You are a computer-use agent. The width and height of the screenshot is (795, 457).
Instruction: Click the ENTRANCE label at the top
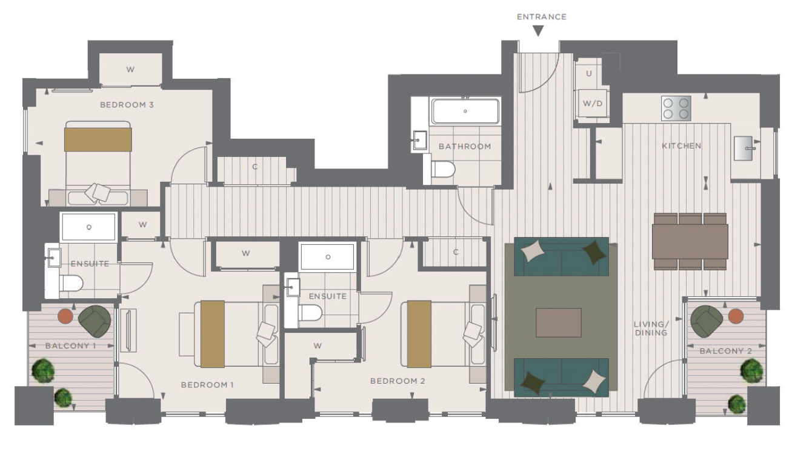click(x=542, y=17)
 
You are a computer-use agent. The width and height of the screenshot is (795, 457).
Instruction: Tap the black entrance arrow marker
click(x=539, y=31)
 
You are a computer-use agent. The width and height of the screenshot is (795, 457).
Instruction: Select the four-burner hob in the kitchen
click(x=676, y=108)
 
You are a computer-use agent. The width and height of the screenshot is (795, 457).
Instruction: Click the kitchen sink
click(x=744, y=148)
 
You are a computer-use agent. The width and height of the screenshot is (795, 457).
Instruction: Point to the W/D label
click(x=593, y=104)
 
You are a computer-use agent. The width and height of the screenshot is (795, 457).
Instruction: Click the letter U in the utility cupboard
click(x=589, y=73)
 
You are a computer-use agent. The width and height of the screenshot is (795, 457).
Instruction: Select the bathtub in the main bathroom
click(x=465, y=111)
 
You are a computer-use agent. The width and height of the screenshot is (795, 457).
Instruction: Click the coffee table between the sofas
click(x=559, y=322)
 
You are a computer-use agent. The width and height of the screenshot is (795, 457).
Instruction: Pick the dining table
click(x=690, y=241)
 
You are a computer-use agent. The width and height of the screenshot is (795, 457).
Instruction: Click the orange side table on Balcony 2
click(x=736, y=316)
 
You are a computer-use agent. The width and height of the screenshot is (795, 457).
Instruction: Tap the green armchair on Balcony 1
click(x=95, y=321)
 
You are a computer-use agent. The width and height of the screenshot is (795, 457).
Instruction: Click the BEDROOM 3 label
click(x=127, y=105)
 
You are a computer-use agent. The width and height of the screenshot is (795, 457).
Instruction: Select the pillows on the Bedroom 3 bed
click(x=98, y=193)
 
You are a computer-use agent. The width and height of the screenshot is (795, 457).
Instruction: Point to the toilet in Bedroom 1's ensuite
click(x=72, y=284)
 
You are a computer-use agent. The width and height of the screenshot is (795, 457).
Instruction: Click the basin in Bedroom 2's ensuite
click(x=293, y=287)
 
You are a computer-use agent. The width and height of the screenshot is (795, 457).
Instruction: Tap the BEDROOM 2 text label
click(x=397, y=381)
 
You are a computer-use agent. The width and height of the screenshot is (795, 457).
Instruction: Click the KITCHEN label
click(x=682, y=146)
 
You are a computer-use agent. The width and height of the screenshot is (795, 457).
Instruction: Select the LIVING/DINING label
click(x=651, y=329)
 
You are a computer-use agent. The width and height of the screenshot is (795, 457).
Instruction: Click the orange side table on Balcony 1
click(x=65, y=316)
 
